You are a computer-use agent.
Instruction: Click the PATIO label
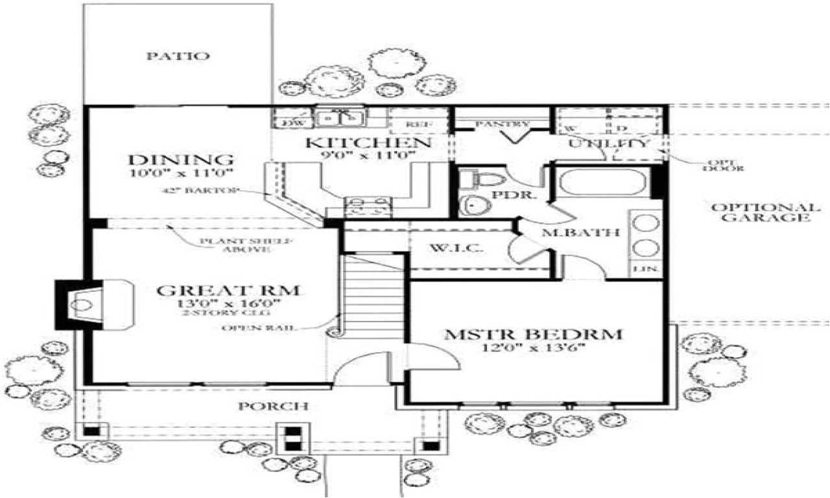177,56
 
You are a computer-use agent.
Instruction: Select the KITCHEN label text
368,143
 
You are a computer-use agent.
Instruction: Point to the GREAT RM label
228,290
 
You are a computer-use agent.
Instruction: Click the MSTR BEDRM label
533,335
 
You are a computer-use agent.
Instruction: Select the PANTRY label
503,123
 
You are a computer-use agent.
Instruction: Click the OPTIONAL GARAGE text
766,213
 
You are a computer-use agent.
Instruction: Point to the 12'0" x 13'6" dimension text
533,348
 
